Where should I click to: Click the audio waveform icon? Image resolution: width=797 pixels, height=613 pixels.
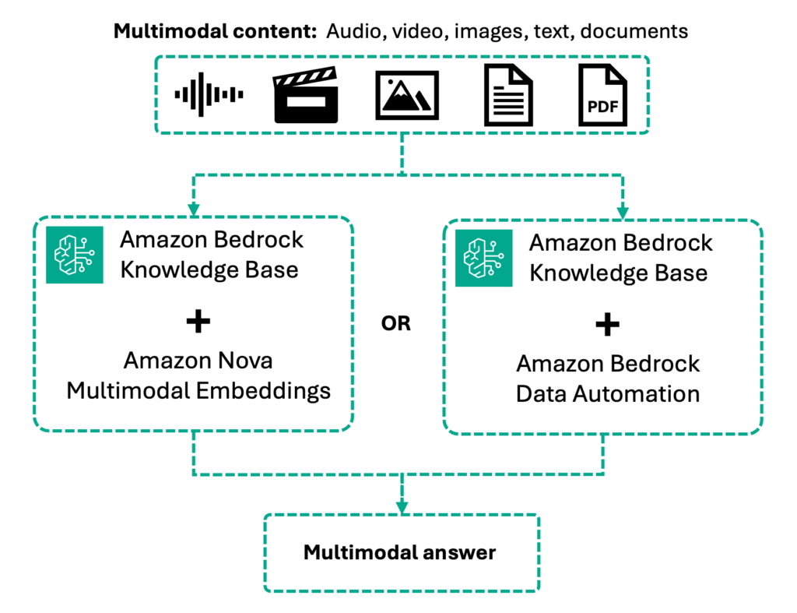pyautogui.click(x=209, y=94)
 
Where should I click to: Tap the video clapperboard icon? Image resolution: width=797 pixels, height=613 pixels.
pyautogui.click(x=307, y=97)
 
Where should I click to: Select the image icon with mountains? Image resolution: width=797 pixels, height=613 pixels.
pyautogui.click(x=407, y=95)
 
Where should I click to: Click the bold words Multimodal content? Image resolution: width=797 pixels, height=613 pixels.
pyautogui.click(x=215, y=32)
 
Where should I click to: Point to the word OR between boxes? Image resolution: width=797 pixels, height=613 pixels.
pyautogui.click(x=395, y=323)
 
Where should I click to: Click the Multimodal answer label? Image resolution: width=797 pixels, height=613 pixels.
pyautogui.click(x=399, y=552)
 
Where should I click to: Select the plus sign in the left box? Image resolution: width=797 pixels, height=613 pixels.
pyautogui.click(x=199, y=321)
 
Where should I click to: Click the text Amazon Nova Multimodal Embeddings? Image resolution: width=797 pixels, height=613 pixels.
pyautogui.click(x=198, y=375)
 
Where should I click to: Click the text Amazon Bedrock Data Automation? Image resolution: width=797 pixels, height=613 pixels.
pyautogui.click(x=608, y=379)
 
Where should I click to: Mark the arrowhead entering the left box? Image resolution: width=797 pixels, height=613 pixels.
pyautogui.click(x=194, y=211)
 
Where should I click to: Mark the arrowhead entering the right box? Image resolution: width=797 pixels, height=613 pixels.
pyautogui.click(x=623, y=213)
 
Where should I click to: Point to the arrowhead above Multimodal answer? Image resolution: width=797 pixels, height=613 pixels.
pyautogui.click(x=402, y=506)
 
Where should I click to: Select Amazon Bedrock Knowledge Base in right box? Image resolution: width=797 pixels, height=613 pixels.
pyautogui.click(x=620, y=257)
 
